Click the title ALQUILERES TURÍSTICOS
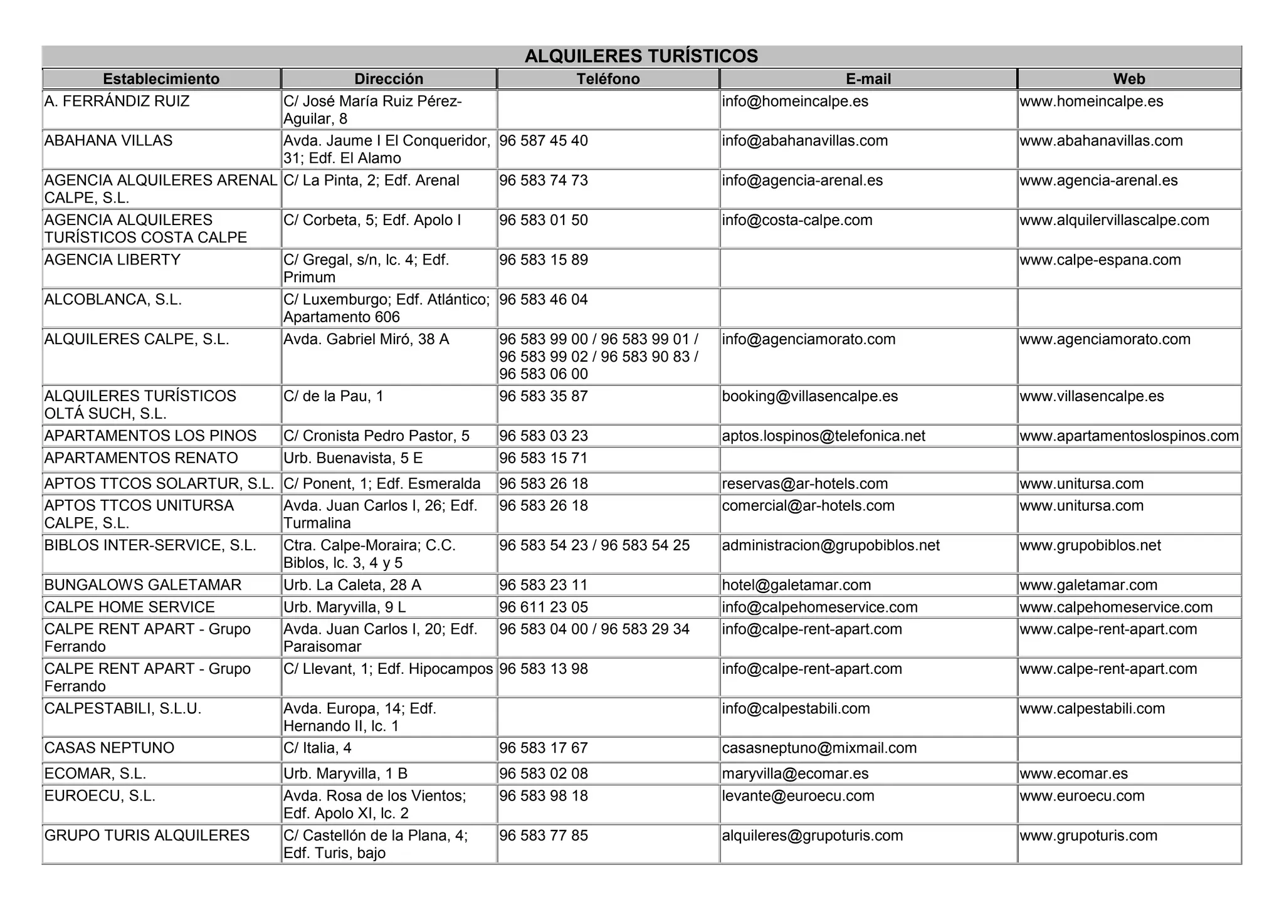(641, 56)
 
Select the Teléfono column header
(608, 79)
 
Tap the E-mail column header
(868, 79)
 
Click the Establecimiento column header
(161, 79)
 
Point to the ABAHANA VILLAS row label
(108, 141)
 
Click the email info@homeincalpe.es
(795, 102)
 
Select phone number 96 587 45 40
(544, 141)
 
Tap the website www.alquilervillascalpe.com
(1114, 221)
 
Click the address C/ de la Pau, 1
(333, 397)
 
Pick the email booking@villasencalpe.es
(809, 397)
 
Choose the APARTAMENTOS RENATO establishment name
(141, 458)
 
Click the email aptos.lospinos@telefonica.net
(823, 436)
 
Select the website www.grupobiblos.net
(1090, 545)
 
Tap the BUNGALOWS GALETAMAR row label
(143, 585)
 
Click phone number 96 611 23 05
(544, 607)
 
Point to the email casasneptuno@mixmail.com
(819, 748)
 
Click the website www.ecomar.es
(1073, 774)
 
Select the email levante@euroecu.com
(797, 796)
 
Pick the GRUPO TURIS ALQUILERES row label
(147, 836)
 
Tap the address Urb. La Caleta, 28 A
(352, 585)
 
